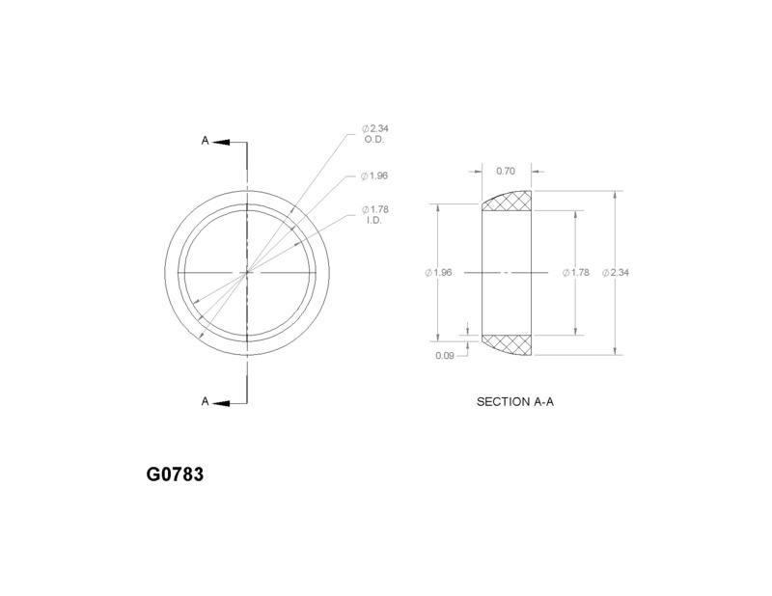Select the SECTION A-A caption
pos(514,401)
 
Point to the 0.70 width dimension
pos(505,171)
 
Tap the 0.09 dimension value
pos(445,356)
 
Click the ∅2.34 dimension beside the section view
pos(616,273)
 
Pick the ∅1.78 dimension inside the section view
pos(575,273)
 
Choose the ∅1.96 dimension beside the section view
pos(438,273)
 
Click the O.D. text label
pos(375,141)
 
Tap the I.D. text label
pos(373,222)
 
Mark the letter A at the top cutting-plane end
pos(205,141)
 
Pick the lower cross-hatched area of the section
pos(508,344)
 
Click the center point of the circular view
pos(248,273)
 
